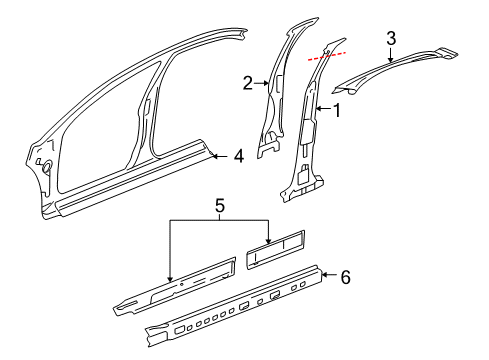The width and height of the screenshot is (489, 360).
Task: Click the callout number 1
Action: tap(337, 111)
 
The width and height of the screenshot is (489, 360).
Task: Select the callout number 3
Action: tap(392, 39)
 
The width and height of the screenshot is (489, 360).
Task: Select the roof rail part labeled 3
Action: tap(400, 70)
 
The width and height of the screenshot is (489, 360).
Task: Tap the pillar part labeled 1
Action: tap(304, 130)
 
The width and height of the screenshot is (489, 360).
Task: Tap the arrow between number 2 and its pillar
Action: tap(261, 85)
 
